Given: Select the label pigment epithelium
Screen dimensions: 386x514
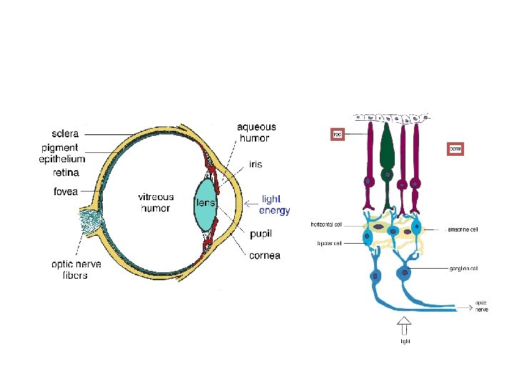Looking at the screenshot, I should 61,153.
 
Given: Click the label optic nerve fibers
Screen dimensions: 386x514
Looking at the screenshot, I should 76,269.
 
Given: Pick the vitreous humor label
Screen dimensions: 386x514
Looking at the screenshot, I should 156,202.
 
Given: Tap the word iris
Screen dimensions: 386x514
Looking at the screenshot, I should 256,164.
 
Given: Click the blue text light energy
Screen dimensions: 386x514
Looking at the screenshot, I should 274,204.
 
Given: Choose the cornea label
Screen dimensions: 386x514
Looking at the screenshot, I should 265,255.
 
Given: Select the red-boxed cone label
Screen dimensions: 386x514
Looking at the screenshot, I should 455,149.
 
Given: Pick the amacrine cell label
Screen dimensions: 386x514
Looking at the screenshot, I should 462,229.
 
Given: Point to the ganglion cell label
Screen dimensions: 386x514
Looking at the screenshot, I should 463,269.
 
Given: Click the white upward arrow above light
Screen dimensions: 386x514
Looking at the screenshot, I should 404,325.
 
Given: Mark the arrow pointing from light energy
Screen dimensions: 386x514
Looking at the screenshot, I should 249,204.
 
